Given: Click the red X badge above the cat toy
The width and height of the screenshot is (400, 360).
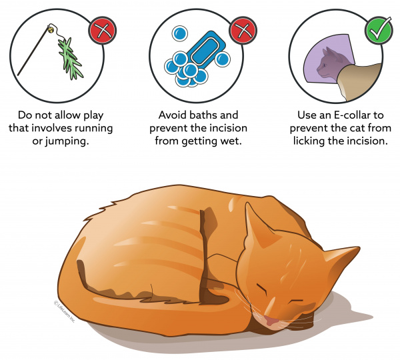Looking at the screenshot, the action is tap(103, 31).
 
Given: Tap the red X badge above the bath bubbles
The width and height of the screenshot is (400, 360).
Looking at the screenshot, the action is tap(243, 31).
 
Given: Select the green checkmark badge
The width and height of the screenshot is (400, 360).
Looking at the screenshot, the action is tap(379, 31).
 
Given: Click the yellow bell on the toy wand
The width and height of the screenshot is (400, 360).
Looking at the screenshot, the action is tap(50, 29).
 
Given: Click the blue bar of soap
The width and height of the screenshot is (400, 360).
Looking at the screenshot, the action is tap(205, 49).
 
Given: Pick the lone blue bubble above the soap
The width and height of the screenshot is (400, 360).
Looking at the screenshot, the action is tap(180, 33).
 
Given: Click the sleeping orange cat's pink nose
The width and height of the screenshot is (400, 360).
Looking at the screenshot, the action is tap(271, 321).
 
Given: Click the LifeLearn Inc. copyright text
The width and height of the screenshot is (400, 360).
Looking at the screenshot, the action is tap(64, 312).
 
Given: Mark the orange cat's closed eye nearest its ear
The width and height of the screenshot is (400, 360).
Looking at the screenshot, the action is tap(262, 288).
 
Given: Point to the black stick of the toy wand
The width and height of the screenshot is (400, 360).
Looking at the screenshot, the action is tap(33, 51).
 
